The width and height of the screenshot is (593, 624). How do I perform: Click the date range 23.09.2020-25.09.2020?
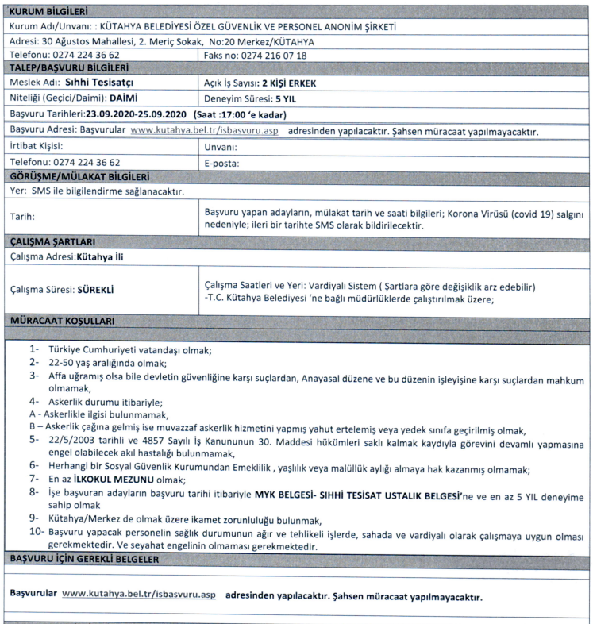(136, 114)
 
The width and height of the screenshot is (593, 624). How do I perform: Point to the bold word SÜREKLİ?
(95, 290)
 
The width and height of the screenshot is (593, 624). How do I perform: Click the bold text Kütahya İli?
(100, 256)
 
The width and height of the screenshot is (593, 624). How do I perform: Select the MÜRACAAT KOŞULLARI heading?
(61, 321)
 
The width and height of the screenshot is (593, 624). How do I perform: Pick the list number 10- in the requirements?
(37, 531)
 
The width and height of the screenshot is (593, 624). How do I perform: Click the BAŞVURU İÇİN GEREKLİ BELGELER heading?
(84, 560)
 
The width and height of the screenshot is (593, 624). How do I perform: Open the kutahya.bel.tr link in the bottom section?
(138, 594)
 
